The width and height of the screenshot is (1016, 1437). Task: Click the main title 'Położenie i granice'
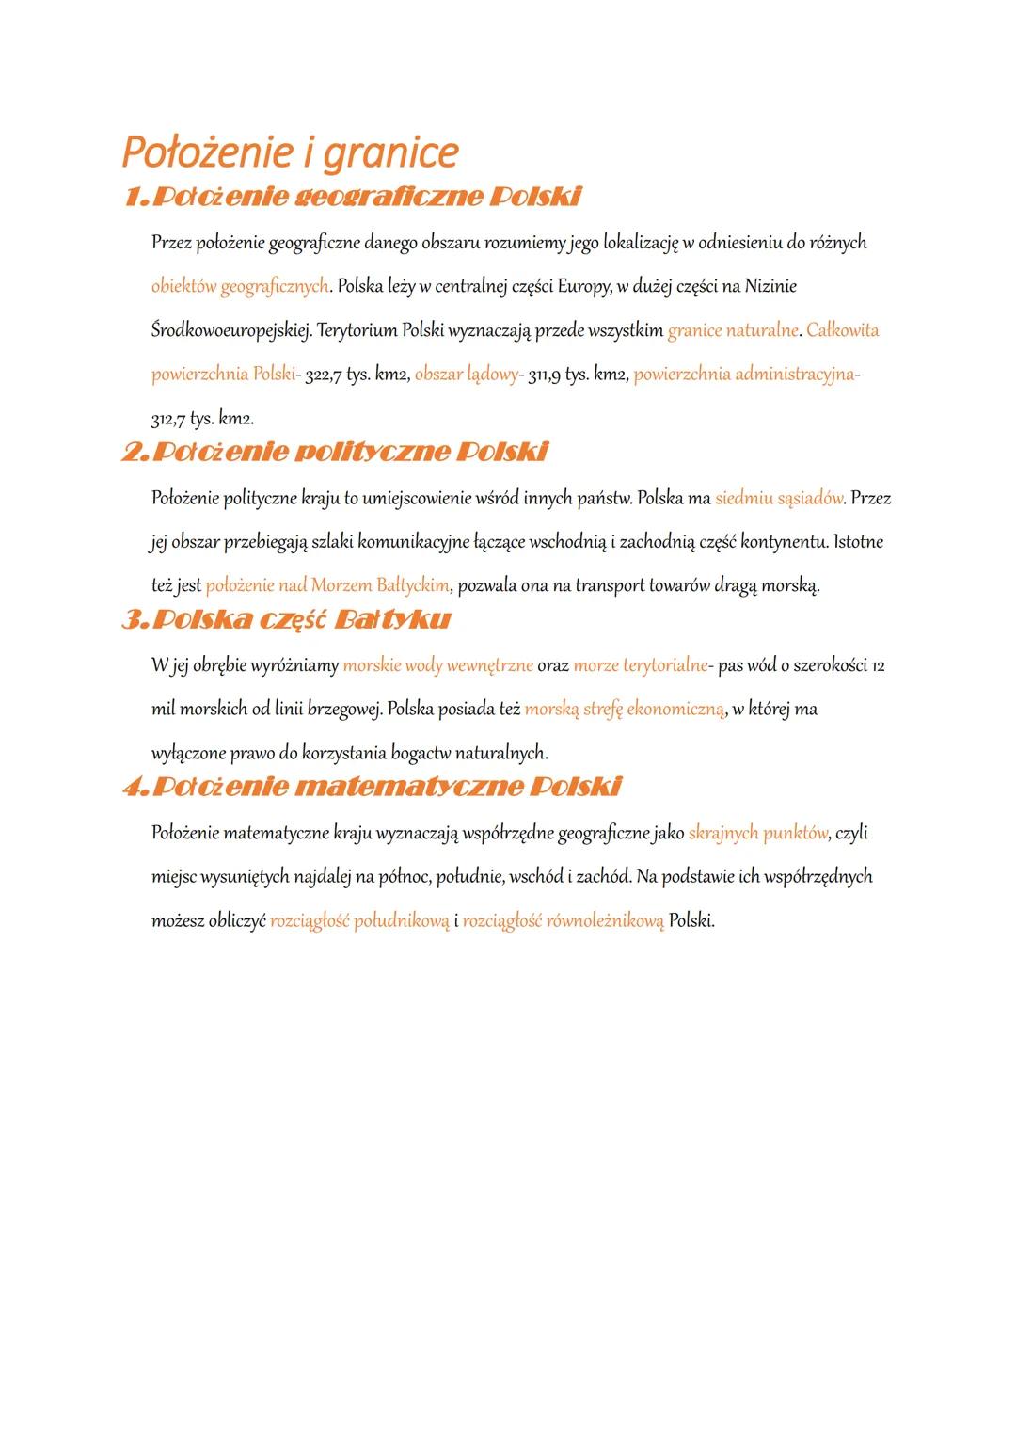tap(290, 152)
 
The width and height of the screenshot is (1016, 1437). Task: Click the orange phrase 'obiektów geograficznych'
tap(240, 286)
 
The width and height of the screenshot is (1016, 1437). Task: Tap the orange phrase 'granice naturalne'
tap(733, 330)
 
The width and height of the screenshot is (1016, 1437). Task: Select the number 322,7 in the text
tap(324, 375)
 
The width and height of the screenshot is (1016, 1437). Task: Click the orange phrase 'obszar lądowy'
tap(466, 375)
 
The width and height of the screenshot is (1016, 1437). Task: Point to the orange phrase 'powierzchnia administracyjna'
tap(744, 375)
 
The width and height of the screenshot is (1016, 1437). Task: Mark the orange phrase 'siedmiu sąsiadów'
tap(779, 498)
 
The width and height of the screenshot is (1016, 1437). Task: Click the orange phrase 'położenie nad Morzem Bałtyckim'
tap(327, 585)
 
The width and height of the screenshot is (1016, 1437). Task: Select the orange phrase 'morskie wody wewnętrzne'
tap(437, 665)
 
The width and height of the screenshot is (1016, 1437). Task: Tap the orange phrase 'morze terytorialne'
tap(640, 665)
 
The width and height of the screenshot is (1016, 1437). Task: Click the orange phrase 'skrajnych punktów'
tap(757, 833)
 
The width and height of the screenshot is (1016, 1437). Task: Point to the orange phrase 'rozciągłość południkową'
tap(359, 920)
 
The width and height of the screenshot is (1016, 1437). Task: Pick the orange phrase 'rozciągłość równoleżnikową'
tap(563, 920)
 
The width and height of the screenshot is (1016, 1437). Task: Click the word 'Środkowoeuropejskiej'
tap(230, 330)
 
